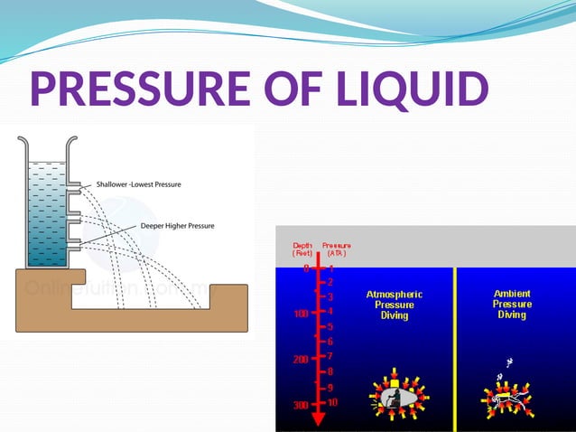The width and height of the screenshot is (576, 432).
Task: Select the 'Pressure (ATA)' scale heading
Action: coord(335,249)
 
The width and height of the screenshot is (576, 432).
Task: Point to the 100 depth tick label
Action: coord(301,314)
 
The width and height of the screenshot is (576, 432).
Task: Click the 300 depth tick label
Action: coord(300,406)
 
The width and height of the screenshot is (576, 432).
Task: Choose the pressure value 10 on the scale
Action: coord(332,402)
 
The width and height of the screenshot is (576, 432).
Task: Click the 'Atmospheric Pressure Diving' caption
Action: coord(395,305)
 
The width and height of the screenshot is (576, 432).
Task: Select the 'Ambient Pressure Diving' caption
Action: coord(512,304)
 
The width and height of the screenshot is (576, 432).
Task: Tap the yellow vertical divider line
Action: coord(455,348)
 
